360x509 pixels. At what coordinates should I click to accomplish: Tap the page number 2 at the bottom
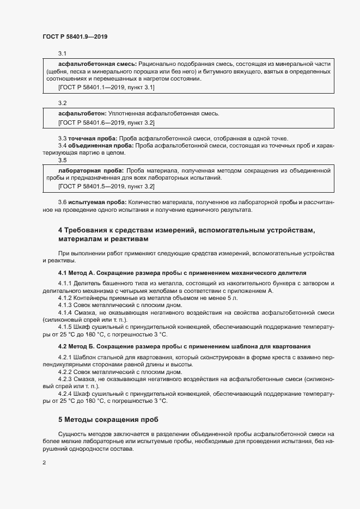click(44, 463)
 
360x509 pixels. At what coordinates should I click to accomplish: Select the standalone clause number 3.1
click(62, 53)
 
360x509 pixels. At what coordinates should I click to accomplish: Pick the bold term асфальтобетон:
click(79, 113)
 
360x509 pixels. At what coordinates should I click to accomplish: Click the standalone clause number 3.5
click(62, 161)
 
